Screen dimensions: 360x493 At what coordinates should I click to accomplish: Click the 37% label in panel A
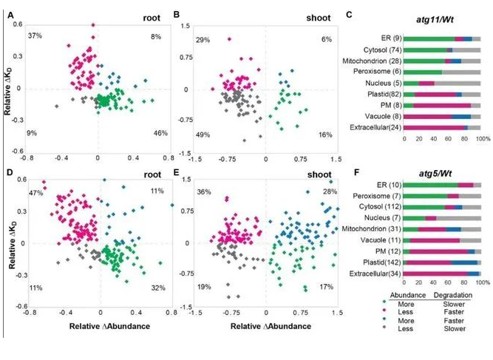click(34, 35)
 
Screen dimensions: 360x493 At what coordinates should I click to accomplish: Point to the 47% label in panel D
click(34, 194)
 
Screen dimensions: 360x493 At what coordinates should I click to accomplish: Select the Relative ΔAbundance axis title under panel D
click(98, 325)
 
